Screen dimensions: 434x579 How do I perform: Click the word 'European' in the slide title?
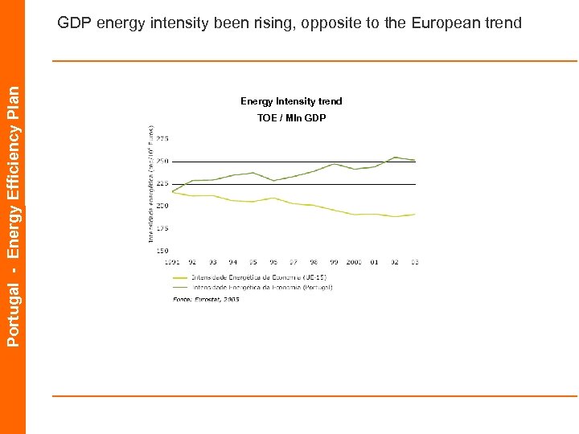tap(447, 23)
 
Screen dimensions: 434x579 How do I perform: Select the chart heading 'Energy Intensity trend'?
tap(291, 101)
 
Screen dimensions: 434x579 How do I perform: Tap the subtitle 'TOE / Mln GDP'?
tap(291, 118)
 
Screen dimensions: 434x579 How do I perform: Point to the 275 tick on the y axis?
tap(162, 139)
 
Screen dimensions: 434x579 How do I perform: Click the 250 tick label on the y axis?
tap(162, 162)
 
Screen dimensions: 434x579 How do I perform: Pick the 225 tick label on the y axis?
tap(162, 184)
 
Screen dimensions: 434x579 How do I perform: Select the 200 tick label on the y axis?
tap(162, 206)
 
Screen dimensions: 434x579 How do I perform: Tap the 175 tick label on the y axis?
tap(162, 228)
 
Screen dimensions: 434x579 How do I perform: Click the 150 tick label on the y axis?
tap(162, 251)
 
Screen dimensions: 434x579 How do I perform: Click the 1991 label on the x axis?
tap(172, 262)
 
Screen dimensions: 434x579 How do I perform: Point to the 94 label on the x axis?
tap(232, 262)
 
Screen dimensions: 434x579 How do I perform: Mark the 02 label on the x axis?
tap(394, 262)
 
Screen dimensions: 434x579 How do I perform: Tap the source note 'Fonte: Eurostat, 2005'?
tap(206, 299)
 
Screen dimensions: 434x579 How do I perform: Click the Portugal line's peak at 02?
tap(395, 158)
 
